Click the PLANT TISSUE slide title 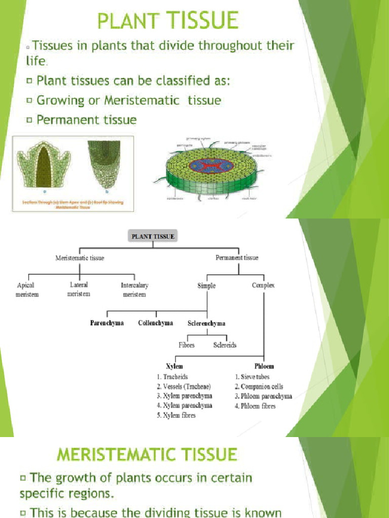point(168,21)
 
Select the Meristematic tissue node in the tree point(80,258)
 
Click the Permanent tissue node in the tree point(237,258)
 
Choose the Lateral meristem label point(79,289)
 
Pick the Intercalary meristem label point(134,289)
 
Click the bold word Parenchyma point(106,323)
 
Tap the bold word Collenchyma point(155,323)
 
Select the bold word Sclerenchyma point(206,323)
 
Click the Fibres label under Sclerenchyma point(186,345)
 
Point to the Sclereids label point(225,345)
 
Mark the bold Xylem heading point(174,366)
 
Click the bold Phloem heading point(263,366)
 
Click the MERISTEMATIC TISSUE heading point(147,454)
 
